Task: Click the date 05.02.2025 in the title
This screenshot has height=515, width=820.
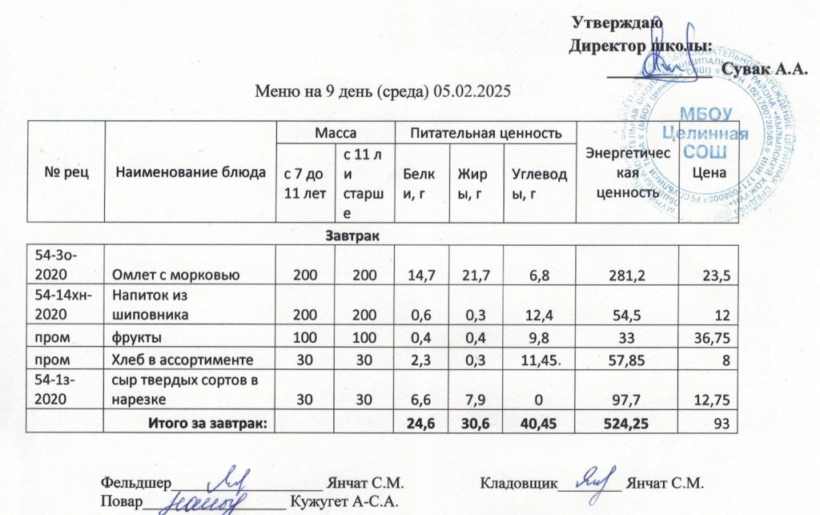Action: tap(472, 91)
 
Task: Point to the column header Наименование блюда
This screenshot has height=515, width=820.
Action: tap(190, 171)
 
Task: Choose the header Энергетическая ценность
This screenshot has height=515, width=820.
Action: tap(625, 172)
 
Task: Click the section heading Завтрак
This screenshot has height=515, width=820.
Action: tap(351, 236)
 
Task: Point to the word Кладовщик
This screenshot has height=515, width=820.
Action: tap(518, 483)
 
